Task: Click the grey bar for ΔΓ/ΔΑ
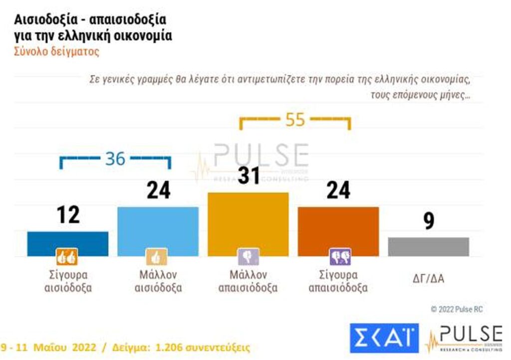(429, 247)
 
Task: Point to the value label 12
(67, 215)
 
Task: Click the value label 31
(248, 176)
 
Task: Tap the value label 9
(429, 222)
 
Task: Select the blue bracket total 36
(115, 159)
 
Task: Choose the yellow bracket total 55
(295, 120)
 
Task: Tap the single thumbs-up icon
(156, 257)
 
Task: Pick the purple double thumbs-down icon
(340, 257)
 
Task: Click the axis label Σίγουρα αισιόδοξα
(67, 281)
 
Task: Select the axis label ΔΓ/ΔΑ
(429, 279)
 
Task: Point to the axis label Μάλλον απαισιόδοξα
(248, 281)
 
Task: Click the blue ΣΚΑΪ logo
(384, 338)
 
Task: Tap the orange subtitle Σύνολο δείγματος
(56, 51)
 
